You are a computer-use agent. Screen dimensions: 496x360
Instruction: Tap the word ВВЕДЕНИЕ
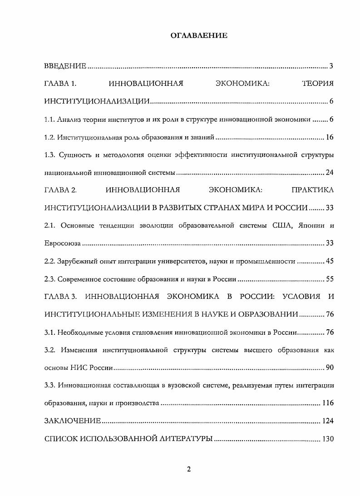(x=65, y=66)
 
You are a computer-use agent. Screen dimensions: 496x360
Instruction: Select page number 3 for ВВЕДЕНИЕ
(x=331, y=66)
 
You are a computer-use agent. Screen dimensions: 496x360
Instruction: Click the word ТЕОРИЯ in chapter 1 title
(x=317, y=84)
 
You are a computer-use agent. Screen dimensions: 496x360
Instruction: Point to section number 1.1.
(x=49, y=119)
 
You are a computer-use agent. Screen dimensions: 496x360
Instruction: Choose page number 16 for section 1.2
(x=330, y=137)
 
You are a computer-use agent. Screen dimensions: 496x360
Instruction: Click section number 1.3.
(x=49, y=155)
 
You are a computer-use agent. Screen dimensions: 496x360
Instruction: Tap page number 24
(x=330, y=173)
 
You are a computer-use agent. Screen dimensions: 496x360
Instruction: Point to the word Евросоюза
(x=63, y=243)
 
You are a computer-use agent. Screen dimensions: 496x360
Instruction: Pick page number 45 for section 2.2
(x=330, y=261)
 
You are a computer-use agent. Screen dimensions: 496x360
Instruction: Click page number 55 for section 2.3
(x=330, y=279)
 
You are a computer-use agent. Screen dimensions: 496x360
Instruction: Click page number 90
(x=330, y=367)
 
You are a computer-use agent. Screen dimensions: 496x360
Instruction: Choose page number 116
(x=328, y=403)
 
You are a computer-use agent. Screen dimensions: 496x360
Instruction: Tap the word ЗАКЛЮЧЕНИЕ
(x=73, y=421)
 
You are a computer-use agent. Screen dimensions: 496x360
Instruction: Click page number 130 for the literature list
(x=328, y=439)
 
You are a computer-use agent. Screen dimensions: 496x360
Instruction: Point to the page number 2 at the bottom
(x=189, y=469)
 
